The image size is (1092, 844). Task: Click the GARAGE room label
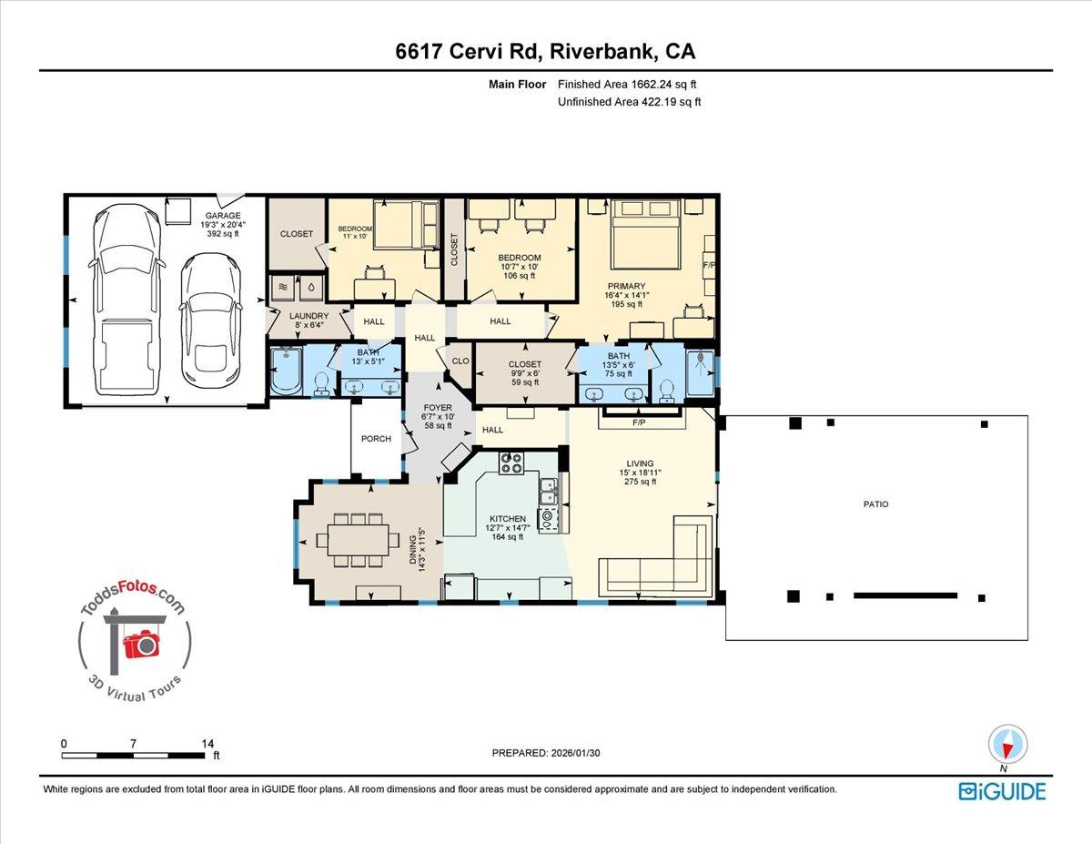(221, 216)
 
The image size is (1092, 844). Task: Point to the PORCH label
(376, 439)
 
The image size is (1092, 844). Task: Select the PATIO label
(875, 503)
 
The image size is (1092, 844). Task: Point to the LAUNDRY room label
(308, 317)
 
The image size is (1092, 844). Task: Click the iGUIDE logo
(1002, 791)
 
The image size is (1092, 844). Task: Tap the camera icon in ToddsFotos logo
(142, 645)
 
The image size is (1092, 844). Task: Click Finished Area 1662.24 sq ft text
(629, 84)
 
